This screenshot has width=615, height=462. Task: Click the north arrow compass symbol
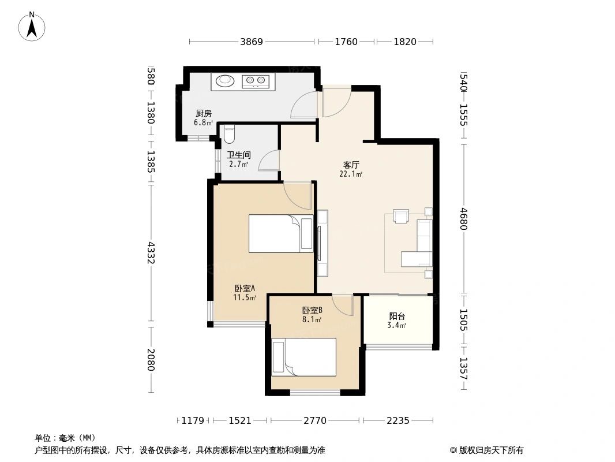click(x=32, y=27)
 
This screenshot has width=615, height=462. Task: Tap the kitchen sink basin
click(x=225, y=80)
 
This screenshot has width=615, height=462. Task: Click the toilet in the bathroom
click(x=228, y=134)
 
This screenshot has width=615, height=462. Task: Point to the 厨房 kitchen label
click(x=204, y=114)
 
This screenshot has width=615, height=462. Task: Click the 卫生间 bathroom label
click(x=239, y=155)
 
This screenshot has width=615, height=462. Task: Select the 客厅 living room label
click(x=351, y=165)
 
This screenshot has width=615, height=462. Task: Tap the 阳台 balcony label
click(x=397, y=316)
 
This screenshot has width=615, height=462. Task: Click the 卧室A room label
click(x=245, y=289)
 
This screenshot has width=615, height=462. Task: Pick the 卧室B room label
click(x=312, y=311)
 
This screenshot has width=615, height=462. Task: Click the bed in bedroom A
click(x=281, y=233)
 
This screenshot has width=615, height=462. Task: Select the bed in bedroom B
click(x=304, y=357)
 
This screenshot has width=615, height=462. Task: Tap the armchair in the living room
click(x=401, y=216)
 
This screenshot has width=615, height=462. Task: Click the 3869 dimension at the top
click(x=252, y=42)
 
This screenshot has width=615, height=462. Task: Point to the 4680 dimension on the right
click(x=464, y=219)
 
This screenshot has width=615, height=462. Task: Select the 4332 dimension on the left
click(x=151, y=253)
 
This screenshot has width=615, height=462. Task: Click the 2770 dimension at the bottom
click(x=315, y=421)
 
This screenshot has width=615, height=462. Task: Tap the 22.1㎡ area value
click(x=351, y=174)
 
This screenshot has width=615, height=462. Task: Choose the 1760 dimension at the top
click(x=346, y=42)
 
